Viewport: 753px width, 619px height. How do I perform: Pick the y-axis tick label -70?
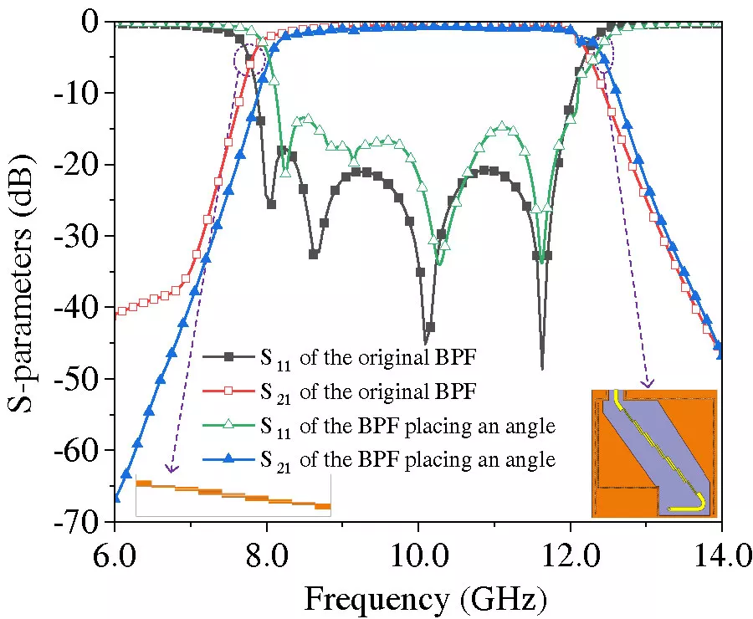(x=80, y=522)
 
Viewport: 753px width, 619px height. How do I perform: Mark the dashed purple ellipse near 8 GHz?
(x=250, y=59)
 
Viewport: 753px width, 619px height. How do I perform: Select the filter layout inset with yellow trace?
(x=653, y=453)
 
